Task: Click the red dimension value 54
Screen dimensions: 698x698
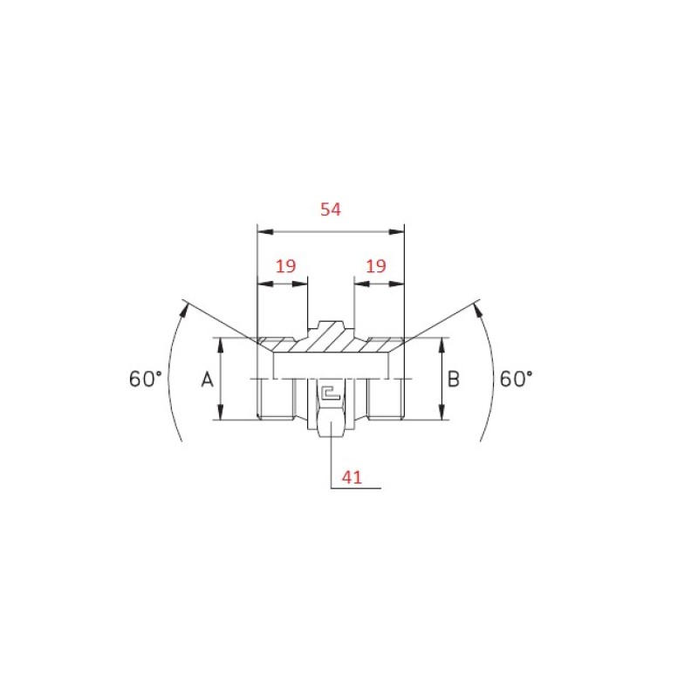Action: (331, 209)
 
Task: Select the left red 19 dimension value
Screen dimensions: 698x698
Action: (285, 266)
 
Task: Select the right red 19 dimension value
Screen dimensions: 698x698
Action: (376, 266)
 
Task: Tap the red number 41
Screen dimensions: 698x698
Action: (352, 477)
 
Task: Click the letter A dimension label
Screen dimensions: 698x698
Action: (207, 380)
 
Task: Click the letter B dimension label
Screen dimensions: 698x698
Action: (453, 380)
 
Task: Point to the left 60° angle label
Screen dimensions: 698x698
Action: (145, 379)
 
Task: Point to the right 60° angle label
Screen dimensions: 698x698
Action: (516, 379)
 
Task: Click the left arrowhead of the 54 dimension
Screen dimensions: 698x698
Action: (265, 232)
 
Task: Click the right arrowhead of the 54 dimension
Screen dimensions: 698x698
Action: (397, 232)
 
